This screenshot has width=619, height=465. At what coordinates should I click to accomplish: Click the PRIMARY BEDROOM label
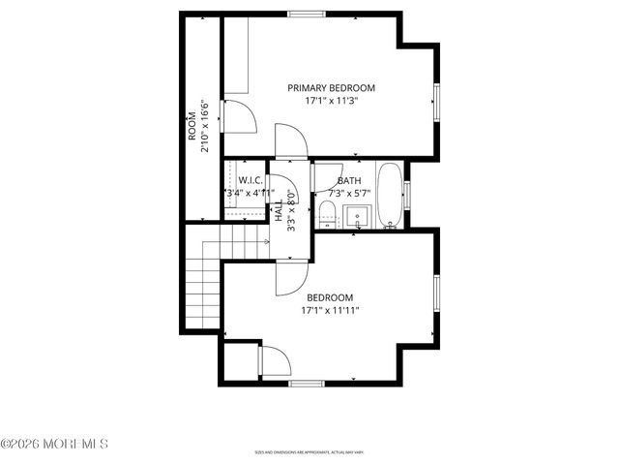point(331,87)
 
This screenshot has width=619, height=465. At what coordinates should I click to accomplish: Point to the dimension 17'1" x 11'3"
point(331,100)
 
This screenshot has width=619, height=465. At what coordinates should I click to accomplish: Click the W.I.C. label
point(251,180)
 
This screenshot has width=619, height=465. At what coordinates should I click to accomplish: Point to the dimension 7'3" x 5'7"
point(350,193)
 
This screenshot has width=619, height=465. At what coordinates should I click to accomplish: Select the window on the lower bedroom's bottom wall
point(307,384)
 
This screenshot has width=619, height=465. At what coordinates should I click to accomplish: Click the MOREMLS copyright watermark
point(54,444)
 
